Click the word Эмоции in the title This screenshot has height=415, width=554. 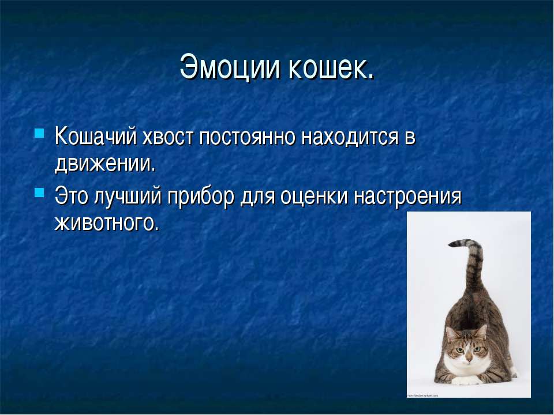[230, 66]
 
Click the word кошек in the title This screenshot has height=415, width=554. [331, 66]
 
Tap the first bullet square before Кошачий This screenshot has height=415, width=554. [39, 133]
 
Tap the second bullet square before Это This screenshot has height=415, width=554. [39, 193]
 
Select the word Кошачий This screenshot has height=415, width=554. [96, 136]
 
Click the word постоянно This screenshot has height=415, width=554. [248, 137]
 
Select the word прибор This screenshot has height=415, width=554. [201, 196]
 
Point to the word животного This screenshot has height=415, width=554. [107, 223]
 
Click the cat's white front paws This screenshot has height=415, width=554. [466, 380]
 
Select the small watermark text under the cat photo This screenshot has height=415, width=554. [422, 395]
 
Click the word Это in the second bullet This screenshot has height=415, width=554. [72, 196]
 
